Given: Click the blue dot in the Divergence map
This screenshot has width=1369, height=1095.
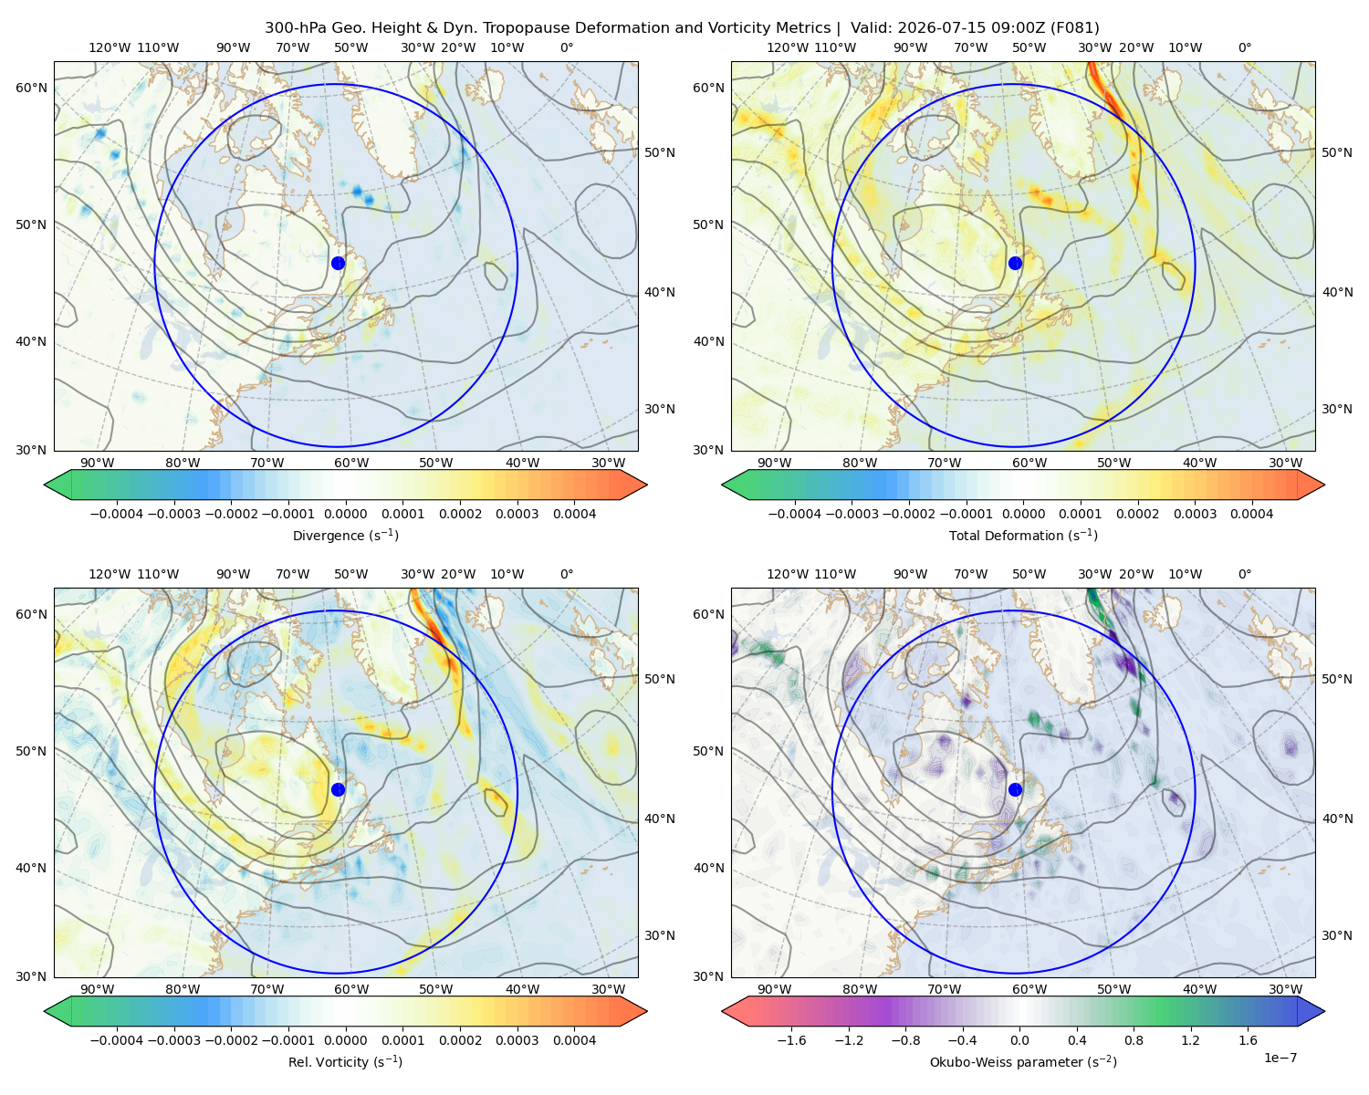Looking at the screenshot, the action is pos(338,263).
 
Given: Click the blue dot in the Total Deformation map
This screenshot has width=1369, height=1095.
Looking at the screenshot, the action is pos(1015,263).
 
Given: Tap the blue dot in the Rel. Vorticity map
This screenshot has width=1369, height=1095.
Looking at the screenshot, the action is pos(338,789).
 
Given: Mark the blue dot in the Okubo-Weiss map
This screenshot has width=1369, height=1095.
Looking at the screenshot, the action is pos(1015,789).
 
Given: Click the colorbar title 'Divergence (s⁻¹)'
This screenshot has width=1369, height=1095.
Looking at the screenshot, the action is pos(345,535).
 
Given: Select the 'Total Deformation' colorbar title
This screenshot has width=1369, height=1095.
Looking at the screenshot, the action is pos(1023,535).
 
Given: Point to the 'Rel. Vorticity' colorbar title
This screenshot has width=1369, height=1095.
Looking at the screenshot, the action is pos(345,1062).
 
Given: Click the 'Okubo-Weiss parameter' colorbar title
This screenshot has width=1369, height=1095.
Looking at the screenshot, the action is pos(1023,1062).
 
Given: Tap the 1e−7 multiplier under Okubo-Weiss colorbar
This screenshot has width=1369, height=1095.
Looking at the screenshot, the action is pos(1280,1058).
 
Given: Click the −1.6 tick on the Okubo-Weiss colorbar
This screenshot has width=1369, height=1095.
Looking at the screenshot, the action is pos(791,1040).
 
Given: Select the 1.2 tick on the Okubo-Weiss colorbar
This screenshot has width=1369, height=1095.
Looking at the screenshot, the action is pos(1190,1040).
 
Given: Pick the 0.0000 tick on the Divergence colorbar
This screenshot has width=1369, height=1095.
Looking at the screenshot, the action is pos(345,514).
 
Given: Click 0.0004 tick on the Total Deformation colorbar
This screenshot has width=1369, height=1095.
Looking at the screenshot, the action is pos(1251,514).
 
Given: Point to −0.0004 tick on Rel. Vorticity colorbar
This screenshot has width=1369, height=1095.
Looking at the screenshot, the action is pos(117,1040).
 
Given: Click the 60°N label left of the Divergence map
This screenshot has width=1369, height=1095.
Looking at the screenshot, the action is pos(31,88).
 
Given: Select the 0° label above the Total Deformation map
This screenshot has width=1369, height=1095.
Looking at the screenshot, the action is pos(1244,47).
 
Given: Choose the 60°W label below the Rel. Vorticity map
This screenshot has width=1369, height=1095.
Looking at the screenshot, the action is pos(351,989).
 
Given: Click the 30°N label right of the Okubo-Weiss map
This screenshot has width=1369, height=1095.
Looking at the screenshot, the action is pos(1337,935).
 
